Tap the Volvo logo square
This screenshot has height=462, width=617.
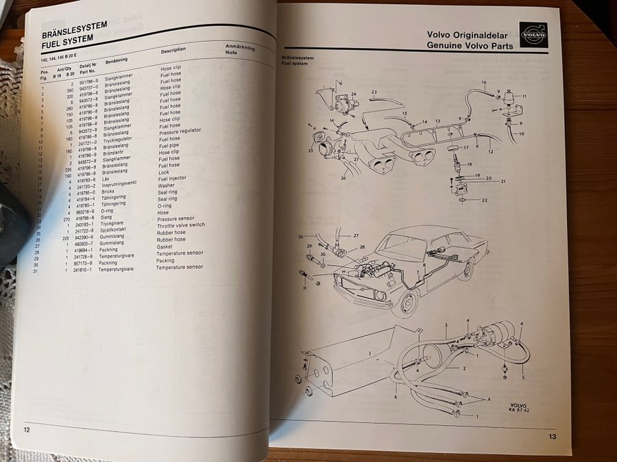[533, 34]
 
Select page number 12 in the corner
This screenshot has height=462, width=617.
[26, 429]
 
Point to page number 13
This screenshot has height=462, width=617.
[552, 436]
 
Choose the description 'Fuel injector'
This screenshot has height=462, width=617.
[174, 180]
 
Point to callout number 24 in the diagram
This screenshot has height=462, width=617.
[354, 94]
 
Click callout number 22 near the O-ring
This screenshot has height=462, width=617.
[484, 201]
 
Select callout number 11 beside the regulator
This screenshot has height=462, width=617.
[524, 97]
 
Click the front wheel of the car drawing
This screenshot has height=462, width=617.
[409, 303]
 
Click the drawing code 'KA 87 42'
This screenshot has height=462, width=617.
[521, 410]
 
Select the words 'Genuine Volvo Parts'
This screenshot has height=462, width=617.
[470, 45]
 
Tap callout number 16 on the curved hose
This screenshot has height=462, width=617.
[483, 83]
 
